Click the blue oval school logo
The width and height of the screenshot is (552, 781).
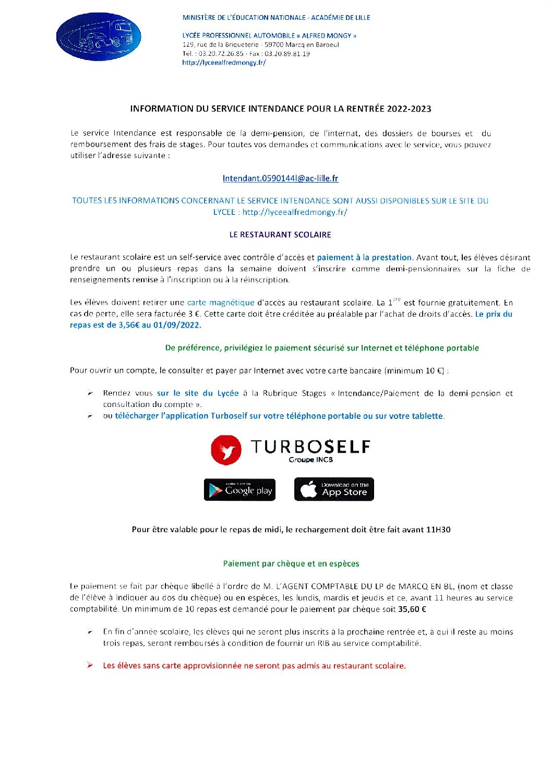[x=99, y=37]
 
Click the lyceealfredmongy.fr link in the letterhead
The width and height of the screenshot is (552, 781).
[x=224, y=63]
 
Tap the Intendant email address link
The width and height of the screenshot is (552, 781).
[x=280, y=178]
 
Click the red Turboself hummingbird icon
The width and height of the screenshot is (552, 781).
[x=226, y=450]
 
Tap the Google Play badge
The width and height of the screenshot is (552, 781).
[x=239, y=490]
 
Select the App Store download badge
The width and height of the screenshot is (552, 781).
[x=334, y=489]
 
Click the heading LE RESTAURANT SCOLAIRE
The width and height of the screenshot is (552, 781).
[x=280, y=235]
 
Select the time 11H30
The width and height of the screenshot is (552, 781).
[x=438, y=530]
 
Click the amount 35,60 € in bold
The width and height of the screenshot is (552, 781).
[x=412, y=609]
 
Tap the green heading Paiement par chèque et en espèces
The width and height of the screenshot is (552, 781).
[x=291, y=563]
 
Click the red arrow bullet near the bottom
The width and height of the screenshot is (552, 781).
[x=90, y=665]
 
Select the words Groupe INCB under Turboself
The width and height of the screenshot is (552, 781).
[x=310, y=460]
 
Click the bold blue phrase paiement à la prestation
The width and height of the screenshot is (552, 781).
[x=364, y=258]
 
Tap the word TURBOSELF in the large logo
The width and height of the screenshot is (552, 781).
[x=310, y=447]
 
